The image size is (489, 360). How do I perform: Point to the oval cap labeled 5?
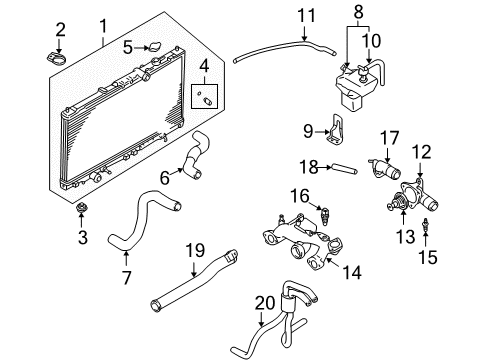[x=155, y=47]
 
